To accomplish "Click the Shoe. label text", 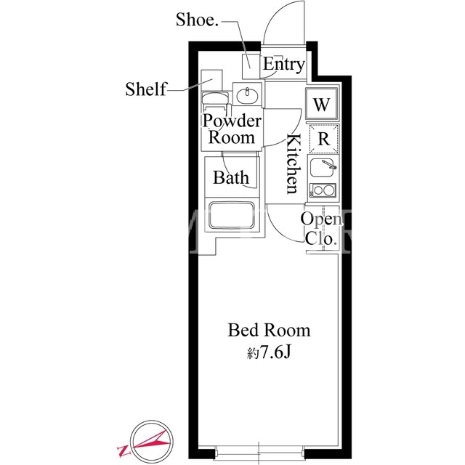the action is click(197, 20).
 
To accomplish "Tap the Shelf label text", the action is click(146, 89).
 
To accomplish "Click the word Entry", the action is click(284, 65).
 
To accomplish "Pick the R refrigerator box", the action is click(323, 139).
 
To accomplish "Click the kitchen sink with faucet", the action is click(323, 167).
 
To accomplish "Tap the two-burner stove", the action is click(323, 190).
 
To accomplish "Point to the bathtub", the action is click(232, 215).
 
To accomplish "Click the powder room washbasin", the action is click(247, 94).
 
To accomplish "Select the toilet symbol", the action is click(215, 102).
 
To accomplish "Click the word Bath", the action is click(231, 177).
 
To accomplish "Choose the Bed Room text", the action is click(269, 330).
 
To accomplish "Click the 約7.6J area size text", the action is click(268, 352).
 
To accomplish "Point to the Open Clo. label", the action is click(321, 228).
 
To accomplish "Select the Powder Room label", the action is click(232, 129).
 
